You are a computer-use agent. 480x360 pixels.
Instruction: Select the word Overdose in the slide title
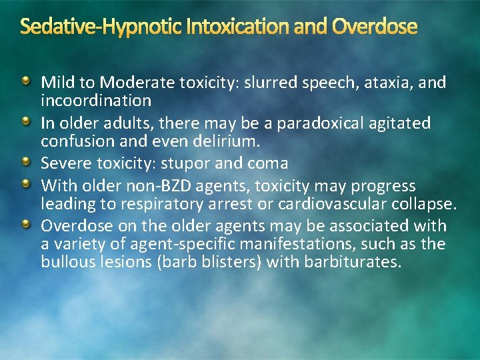(374, 27)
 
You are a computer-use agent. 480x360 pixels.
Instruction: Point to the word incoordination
(96, 101)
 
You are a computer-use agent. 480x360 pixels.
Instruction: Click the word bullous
(65, 262)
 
